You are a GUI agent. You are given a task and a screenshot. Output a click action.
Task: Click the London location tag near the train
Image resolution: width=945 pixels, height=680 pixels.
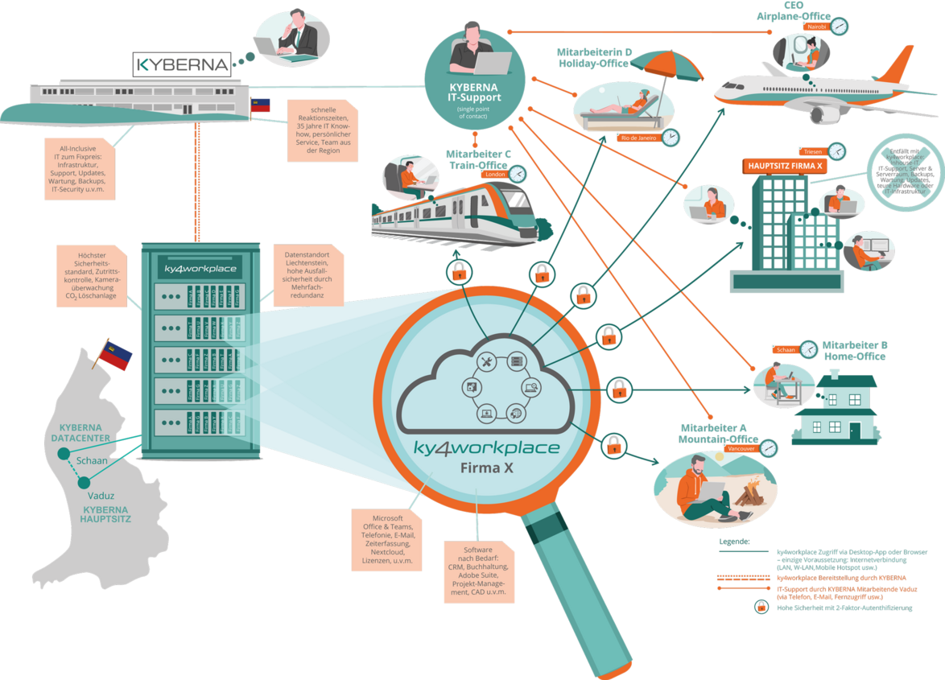click(x=494, y=173)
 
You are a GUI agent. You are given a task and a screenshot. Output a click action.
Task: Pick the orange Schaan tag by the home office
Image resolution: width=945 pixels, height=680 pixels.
click(x=786, y=350)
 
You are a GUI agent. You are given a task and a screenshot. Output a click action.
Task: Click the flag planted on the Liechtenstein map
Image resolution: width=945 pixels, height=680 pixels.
click(x=115, y=356)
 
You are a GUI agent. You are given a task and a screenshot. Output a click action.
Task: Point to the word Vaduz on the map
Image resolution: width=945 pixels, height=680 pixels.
click(x=101, y=496)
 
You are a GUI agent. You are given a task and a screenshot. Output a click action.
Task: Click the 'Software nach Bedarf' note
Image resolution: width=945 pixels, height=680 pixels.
click(x=477, y=571)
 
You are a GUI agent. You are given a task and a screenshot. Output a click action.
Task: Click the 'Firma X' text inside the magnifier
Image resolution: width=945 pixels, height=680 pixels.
click(x=486, y=468)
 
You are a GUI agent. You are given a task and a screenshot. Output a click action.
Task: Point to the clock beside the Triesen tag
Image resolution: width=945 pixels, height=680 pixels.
click(x=837, y=150)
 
